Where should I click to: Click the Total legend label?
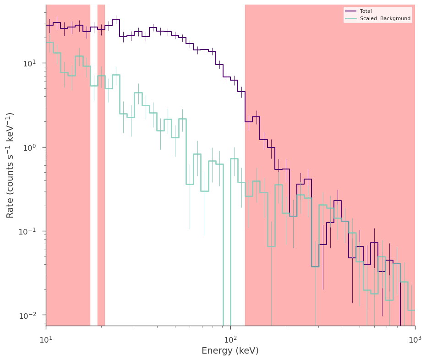tap(366, 11)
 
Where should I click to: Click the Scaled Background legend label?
tap(385, 18)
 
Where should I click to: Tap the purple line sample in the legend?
tap(351, 11)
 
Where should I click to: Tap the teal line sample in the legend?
tap(351, 18)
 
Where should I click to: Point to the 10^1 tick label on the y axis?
tap(30, 64)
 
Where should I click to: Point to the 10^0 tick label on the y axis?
tap(30, 147)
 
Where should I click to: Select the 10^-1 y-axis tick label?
tap(28, 231)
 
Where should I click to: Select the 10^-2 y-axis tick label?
tap(28, 316)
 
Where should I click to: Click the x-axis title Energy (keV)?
tap(230, 351)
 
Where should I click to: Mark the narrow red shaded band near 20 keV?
tap(101, 165)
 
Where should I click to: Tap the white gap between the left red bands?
tap(94, 165)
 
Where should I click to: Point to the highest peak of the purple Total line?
tap(116, 19)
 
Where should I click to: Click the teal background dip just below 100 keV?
tap(227, 245)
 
